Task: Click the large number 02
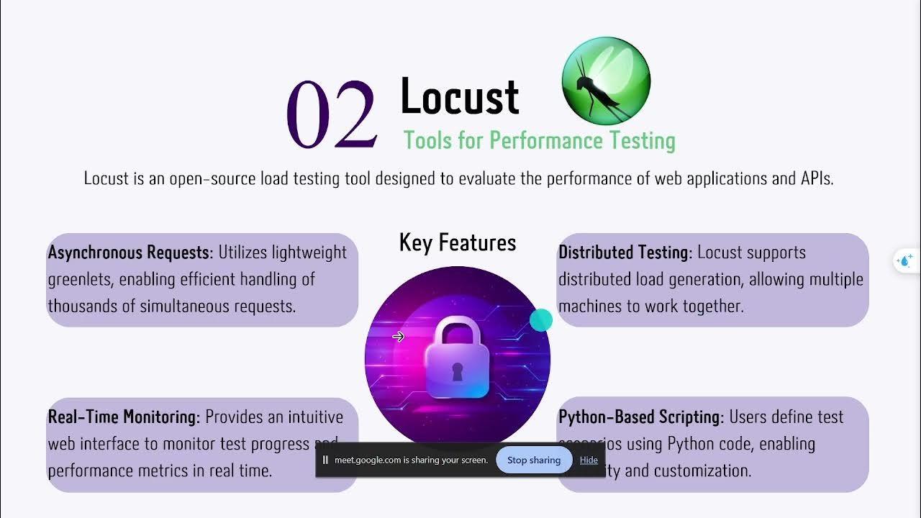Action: point(332,114)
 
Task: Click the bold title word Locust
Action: point(459,96)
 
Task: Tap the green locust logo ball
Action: point(605,81)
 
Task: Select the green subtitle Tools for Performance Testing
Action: point(539,140)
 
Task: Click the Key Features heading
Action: point(458,242)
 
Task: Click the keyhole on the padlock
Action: point(458,371)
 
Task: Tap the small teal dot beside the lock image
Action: point(540,320)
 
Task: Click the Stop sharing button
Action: point(533,460)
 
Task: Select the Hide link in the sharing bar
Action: point(589,460)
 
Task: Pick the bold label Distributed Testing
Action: point(625,253)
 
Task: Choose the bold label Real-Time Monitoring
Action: point(123,417)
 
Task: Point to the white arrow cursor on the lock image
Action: point(398,337)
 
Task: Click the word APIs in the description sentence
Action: point(816,178)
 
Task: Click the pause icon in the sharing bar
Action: point(325,460)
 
